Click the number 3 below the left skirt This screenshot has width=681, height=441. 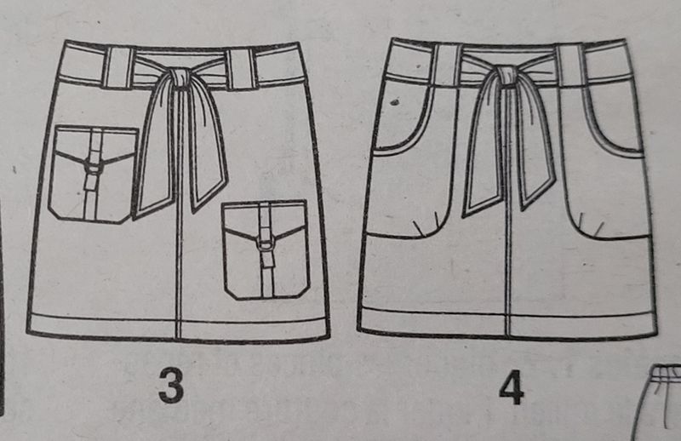[171, 385]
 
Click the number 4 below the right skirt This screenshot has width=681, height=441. [512, 387]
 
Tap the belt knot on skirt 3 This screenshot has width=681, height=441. [179, 78]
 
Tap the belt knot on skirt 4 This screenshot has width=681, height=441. [504, 76]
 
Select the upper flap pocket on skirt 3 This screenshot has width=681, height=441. [93, 175]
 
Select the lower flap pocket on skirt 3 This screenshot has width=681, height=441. [266, 249]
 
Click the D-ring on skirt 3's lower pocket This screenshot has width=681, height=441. [266, 244]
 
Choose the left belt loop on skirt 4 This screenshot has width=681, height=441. [446, 66]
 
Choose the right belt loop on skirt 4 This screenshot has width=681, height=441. [570, 65]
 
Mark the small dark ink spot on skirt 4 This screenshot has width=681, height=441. [394, 103]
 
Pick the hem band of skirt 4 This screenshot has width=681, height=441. [507, 324]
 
